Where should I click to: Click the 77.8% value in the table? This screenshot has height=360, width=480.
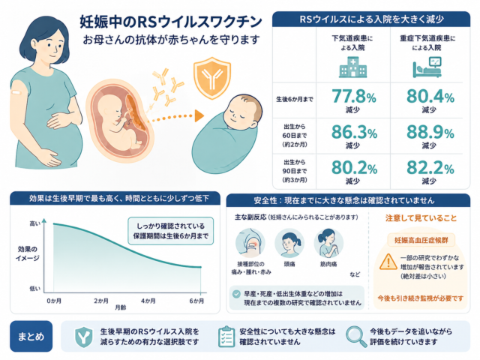pyautogui.click(x=354, y=96)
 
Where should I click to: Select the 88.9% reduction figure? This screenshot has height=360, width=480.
pyautogui.click(x=430, y=132)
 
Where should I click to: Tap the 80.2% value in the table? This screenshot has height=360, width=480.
pyautogui.click(x=354, y=168)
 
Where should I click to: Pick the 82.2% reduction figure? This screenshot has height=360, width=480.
pyautogui.click(x=430, y=168)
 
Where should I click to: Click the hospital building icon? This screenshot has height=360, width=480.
pyautogui.click(x=353, y=67)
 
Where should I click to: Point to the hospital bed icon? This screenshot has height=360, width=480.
pyautogui.click(x=427, y=67)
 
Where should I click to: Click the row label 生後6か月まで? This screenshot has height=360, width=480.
pyautogui.click(x=295, y=99)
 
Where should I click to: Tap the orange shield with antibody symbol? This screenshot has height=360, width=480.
pyautogui.click(x=211, y=78)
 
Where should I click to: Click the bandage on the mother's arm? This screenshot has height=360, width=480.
pyautogui.click(x=16, y=91)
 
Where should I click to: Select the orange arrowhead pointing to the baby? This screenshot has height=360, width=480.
pyautogui.click(x=199, y=115)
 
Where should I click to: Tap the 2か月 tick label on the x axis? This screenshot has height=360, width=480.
pyautogui.click(x=101, y=301)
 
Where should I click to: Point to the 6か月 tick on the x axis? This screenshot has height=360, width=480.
pyautogui.click(x=200, y=293)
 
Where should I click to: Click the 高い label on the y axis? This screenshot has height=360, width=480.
pyautogui.click(x=35, y=223)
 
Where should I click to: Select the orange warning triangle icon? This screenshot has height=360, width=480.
pyautogui.click(x=388, y=262)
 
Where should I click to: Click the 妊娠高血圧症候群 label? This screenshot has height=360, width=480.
pyautogui.click(x=421, y=240)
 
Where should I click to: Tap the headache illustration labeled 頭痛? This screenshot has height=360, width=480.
pyautogui.click(x=289, y=244)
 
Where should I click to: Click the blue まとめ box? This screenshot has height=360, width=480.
pyautogui.click(x=31, y=336)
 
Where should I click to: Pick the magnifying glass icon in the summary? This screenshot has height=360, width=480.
pyautogui.click(x=356, y=337)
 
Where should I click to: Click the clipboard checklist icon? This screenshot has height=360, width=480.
pyautogui.click(x=226, y=337)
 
